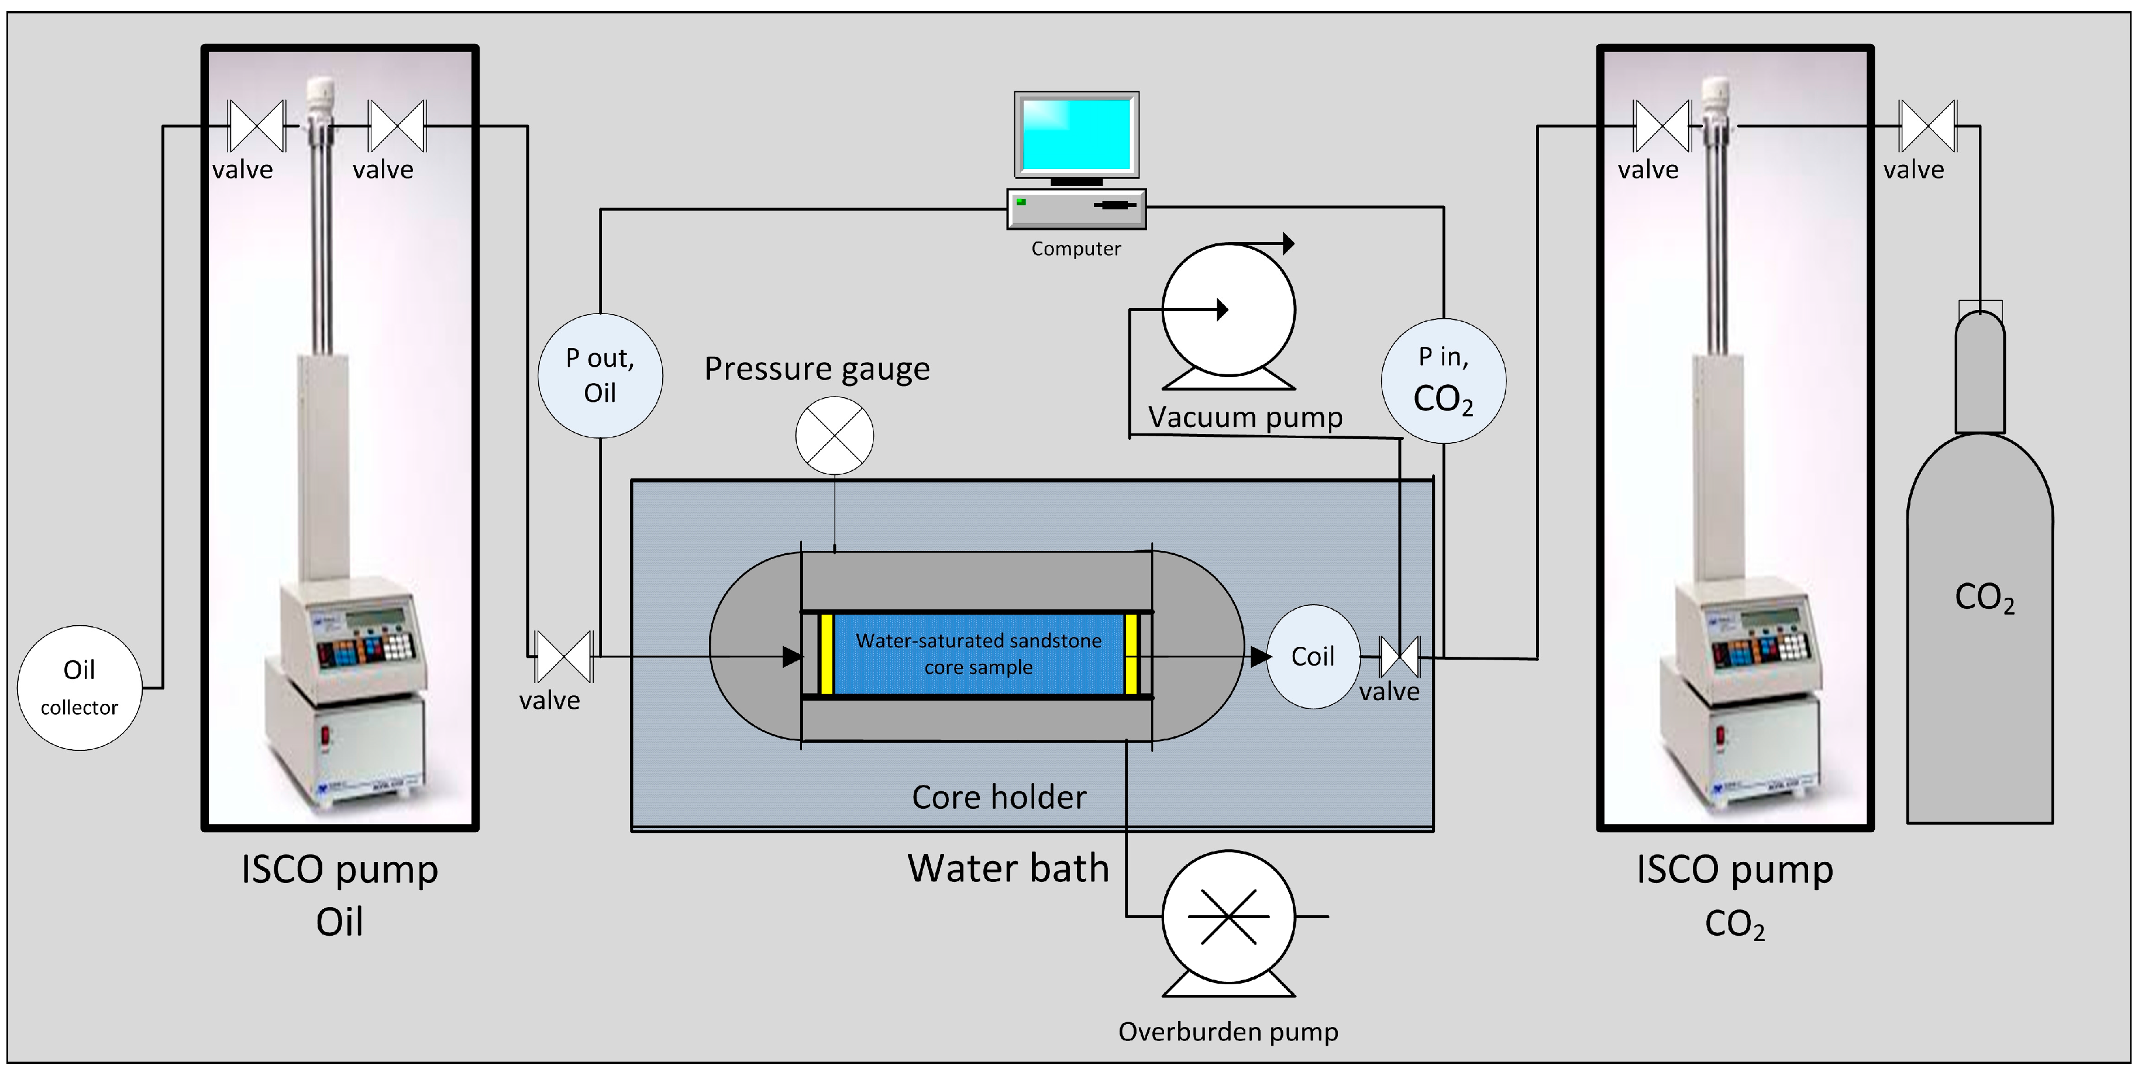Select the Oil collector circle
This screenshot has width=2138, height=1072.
point(80,687)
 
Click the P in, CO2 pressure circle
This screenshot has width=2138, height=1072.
point(1443,380)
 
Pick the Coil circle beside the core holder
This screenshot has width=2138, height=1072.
point(1312,656)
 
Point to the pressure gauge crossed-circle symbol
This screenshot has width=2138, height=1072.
point(834,435)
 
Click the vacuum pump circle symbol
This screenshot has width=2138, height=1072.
point(1228,309)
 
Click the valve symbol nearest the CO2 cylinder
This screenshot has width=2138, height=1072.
point(1927,126)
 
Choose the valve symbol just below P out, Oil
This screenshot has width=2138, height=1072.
point(563,656)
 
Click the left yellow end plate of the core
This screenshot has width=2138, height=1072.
point(826,654)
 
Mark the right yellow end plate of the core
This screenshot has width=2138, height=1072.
point(1130,654)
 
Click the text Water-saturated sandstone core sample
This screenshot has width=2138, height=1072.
point(979,653)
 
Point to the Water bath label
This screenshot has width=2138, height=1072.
point(1008,868)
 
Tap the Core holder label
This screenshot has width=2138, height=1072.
point(999,797)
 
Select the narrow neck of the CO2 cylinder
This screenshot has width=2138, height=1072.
point(1979,373)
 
